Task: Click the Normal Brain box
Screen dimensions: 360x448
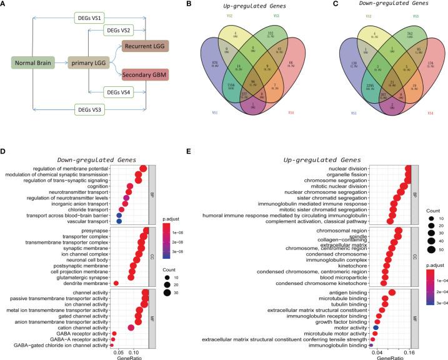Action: pos(29,62)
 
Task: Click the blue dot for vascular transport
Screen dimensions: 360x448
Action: pos(119,221)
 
